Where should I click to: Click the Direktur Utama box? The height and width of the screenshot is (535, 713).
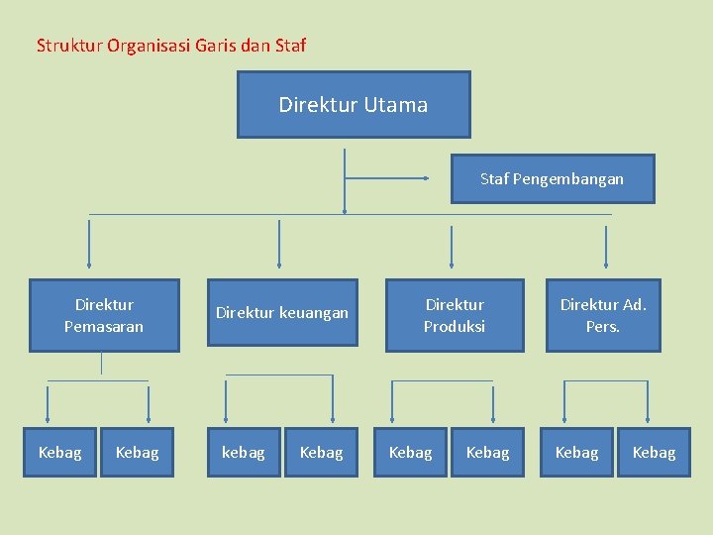click(354, 104)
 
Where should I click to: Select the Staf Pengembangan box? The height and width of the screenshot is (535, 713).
click(553, 179)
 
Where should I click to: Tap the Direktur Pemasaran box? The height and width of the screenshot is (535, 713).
click(104, 315)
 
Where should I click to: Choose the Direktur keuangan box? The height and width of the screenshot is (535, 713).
click(282, 313)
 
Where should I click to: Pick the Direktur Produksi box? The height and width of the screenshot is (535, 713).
click(455, 315)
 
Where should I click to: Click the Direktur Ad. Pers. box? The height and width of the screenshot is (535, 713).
click(603, 315)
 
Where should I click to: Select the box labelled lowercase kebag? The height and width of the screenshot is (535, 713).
click(244, 453)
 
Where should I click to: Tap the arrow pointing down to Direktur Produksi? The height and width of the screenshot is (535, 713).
click(452, 247)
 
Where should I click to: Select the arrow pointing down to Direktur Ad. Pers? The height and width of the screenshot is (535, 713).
click(607, 247)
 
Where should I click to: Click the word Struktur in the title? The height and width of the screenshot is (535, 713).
click(66, 46)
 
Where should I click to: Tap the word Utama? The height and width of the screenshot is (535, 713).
click(396, 105)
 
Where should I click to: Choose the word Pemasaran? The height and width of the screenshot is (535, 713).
click(104, 326)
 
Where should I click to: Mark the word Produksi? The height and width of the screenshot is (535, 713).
click(455, 326)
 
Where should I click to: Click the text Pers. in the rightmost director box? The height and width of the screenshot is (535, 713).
click(603, 326)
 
